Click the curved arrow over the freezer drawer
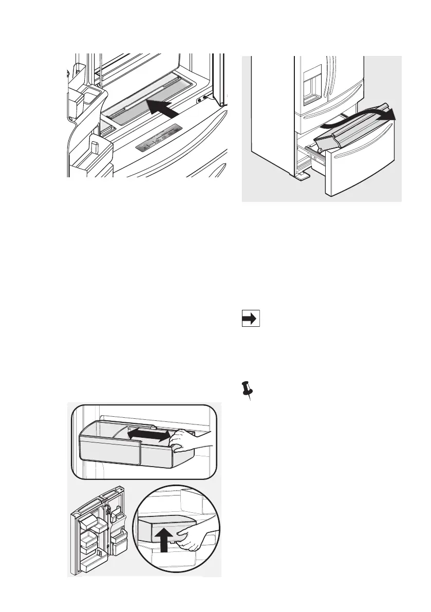pyautogui.click(x=360, y=114)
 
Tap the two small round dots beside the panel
pyautogui.click(x=202, y=99)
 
